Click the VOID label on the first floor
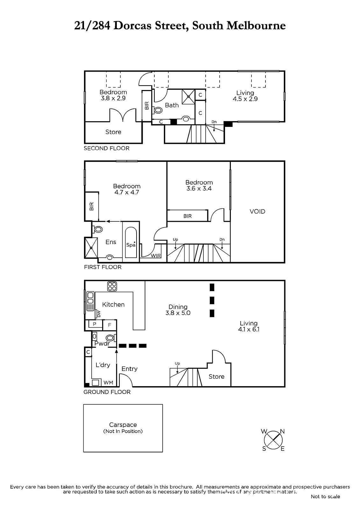point(257,212)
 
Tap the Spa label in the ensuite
point(131,245)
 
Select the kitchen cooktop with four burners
point(112,286)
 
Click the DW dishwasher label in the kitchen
point(99,314)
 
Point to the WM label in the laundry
point(108,383)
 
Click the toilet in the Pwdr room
point(111,338)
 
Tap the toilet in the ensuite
point(97,229)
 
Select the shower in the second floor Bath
point(188,96)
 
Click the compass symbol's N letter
point(282,431)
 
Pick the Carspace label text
point(123,425)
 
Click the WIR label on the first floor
point(156,256)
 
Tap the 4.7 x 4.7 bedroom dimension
point(127,192)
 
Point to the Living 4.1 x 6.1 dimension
point(249,329)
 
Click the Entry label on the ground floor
point(130,369)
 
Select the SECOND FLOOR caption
point(106,148)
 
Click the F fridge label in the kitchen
point(109,325)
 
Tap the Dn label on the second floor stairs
point(214,122)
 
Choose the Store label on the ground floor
point(216,377)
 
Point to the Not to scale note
point(325,497)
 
